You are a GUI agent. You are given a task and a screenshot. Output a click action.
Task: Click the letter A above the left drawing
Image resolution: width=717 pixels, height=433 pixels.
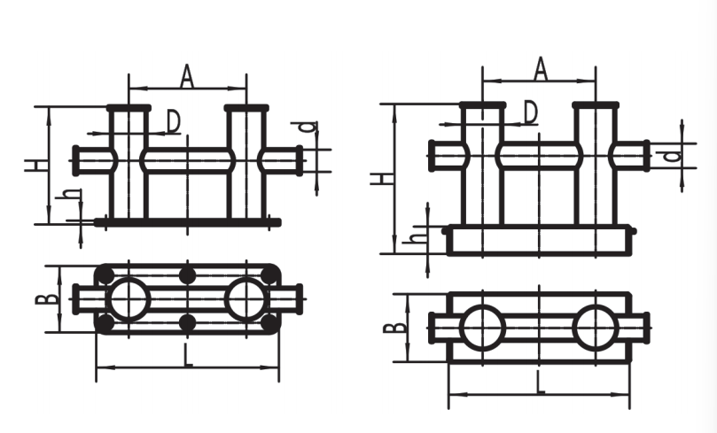(187, 76)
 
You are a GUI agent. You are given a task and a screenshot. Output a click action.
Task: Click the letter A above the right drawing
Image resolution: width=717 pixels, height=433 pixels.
(541, 69)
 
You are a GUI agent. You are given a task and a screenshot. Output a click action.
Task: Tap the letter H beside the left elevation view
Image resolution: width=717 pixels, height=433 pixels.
(36, 166)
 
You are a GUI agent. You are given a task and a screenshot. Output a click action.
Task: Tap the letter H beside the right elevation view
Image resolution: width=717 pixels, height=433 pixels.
(382, 177)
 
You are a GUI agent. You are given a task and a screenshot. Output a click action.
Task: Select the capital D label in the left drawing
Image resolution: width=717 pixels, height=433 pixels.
(173, 121)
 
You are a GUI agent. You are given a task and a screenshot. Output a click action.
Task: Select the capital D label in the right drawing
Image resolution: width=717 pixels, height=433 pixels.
(530, 112)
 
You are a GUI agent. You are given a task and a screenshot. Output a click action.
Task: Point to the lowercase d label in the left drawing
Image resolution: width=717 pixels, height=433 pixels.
(309, 127)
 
